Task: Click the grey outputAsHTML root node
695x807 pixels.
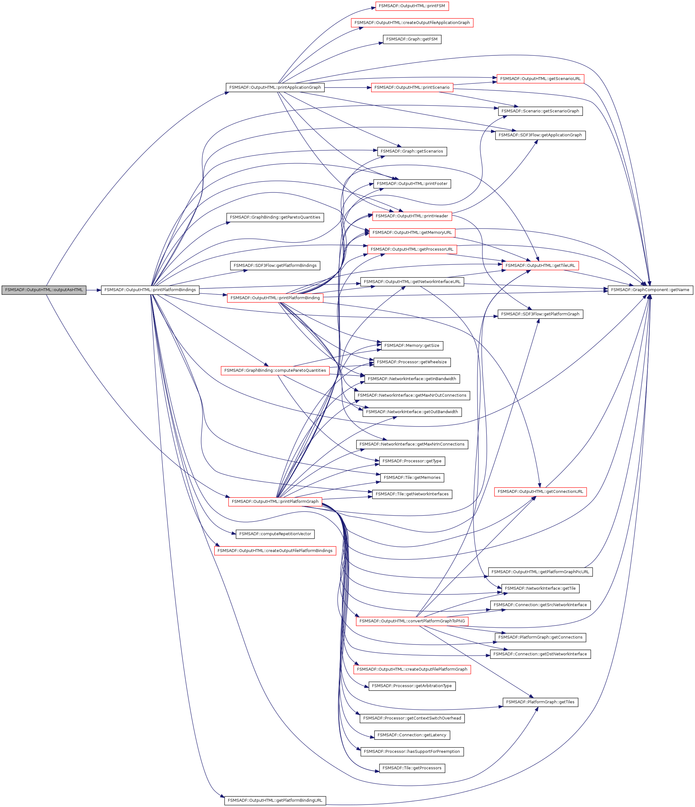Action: (x=44, y=290)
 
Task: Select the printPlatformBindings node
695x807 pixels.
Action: (x=150, y=290)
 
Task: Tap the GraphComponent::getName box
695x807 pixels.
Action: (x=650, y=290)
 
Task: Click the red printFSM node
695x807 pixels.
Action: (x=412, y=6)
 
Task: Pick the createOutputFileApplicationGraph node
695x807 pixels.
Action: (x=412, y=23)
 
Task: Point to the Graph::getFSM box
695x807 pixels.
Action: (x=412, y=39)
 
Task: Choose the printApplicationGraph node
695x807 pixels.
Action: (x=275, y=87)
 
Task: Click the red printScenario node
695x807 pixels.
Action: (x=412, y=87)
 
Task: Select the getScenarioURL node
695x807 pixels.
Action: (x=540, y=79)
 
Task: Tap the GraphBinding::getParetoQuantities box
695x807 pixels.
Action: (x=275, y=217)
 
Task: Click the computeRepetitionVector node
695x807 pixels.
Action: (x=275, y=534)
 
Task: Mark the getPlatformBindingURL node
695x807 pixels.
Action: (x=275, y=800)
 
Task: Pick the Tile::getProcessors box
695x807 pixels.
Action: (x=412, y=768)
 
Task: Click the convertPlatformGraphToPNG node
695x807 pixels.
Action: (x=412, y=621)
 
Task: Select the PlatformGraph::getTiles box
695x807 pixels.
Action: (x=540, y=702)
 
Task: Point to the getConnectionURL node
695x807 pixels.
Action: (x=540, y=492)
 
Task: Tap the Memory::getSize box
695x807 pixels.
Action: (x=412, y=346)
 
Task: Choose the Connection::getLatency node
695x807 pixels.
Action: (x=412, y=735)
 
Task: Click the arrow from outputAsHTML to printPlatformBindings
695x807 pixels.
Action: (x=93, y=290)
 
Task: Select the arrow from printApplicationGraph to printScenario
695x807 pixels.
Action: (x=347, y=87)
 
